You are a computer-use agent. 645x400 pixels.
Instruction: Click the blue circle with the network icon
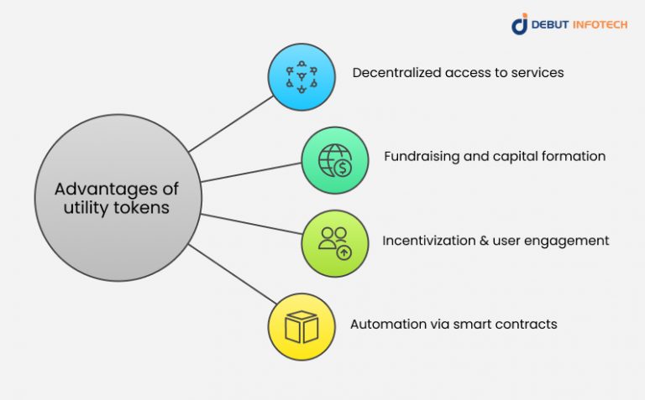[x=301, y=77]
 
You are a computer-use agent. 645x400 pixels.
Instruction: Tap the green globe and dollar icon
[x=335, y=160]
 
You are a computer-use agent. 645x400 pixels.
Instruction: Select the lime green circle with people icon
[x=335, y=243]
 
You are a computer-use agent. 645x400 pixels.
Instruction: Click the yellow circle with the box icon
[x=301, y=326]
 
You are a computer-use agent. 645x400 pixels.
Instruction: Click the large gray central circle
[x=118, y=199]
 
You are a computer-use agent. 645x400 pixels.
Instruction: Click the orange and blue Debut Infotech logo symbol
[x=520, y=24]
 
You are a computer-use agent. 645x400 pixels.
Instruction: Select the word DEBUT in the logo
[x=552, y=25]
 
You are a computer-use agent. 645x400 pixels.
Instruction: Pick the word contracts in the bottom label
[x=527, y=324]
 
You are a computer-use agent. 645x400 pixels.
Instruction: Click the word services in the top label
[x=537, y=73]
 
